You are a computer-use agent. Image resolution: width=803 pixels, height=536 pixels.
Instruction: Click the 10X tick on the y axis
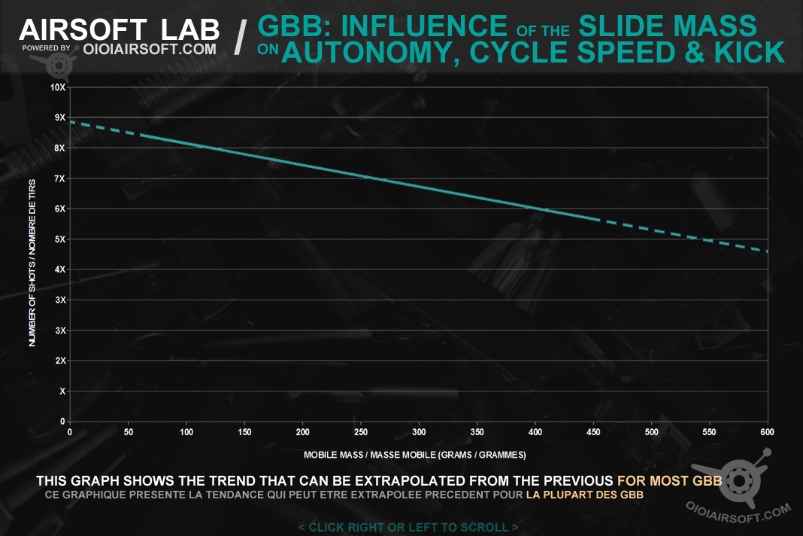(57, 87)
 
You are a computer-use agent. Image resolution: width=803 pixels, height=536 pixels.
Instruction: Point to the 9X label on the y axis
(59, 117)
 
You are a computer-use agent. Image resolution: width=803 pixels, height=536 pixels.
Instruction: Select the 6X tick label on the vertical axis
(59, 209)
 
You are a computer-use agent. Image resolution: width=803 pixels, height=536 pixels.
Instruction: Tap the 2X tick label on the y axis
(59, 361)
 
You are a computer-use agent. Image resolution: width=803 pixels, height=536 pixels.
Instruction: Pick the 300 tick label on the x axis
(419, 432)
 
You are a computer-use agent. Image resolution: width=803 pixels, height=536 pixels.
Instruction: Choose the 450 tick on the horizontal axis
(593, 432)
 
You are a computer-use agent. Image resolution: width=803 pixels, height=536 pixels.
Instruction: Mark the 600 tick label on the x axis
(767, 432)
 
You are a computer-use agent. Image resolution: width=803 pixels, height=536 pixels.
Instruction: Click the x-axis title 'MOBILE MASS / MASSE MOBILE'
(414, 455)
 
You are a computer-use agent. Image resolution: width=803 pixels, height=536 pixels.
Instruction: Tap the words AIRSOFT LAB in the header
(119, 30)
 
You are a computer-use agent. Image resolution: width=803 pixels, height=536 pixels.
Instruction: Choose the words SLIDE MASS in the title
(668, 27)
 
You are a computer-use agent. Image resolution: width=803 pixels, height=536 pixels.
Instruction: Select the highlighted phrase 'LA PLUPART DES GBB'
(584, 495)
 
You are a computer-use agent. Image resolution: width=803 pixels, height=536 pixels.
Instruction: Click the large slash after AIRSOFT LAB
(239, 38)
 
